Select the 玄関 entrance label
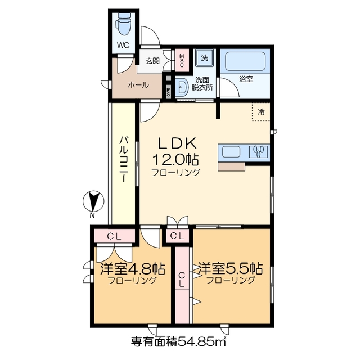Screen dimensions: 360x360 (x=152, y=61)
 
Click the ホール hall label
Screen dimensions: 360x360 (x=138, y=85)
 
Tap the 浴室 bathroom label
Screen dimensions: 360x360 (x=246, y=79)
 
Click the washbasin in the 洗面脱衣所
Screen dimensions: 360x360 (x=182, y=87)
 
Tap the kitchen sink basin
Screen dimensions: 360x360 (x=232, y=152)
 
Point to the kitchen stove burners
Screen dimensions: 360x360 (x=259, y=152)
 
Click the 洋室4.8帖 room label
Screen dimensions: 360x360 (x=133, y=268)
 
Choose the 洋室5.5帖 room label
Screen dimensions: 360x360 (x=231, y=268)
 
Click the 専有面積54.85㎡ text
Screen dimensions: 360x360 (x=178, y=341)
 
